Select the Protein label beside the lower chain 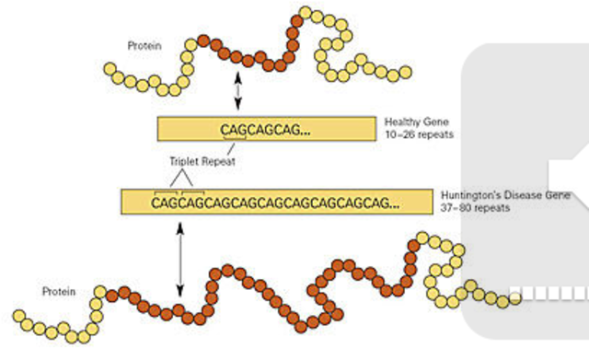[x=60, y=291]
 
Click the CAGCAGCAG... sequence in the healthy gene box [x=265, y=131]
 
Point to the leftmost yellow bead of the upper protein [x=110, y=68]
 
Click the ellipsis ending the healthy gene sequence [x=305, y=133]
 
